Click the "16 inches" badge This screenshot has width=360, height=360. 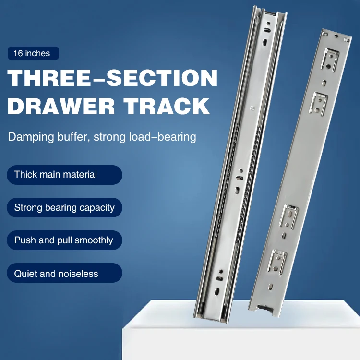point(32,53)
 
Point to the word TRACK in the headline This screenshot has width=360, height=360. point(170,106)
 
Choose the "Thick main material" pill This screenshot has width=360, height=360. point(64,174)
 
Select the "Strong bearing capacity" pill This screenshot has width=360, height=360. point(64,208)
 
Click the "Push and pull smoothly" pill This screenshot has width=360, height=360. point(64,240)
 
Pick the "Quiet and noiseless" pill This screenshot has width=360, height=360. point(64,274)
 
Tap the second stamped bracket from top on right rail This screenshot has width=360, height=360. point(317,103)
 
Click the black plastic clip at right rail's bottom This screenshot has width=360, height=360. point(263,309)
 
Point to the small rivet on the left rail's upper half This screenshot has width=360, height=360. point(252,109)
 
